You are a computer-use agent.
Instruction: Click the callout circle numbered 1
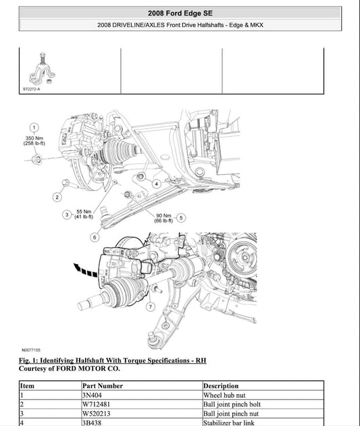tap(34, 127)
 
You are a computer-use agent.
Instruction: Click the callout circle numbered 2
tap(57, 197)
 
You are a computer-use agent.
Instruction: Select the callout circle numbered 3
tap(67, 215)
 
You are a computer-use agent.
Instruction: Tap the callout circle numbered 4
tap(156, 183)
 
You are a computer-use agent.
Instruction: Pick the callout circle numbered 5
tap(181, 217)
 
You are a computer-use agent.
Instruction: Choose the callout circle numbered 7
tap(149, 307)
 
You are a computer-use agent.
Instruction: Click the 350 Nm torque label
tap(34, 140)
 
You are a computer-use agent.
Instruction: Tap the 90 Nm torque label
tap(163, 217)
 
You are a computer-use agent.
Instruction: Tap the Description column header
tap(221, 386)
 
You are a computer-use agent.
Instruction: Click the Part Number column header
tap(102, 386)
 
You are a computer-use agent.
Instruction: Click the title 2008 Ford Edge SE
tap(180, 13)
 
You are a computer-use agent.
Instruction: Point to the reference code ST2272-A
tap(31, 88)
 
